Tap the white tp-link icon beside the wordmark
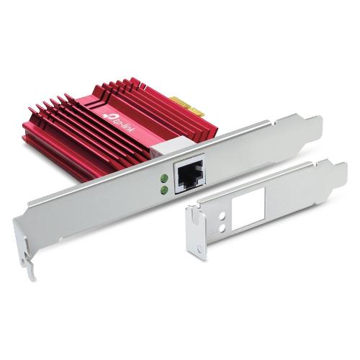click(x=109, y=116)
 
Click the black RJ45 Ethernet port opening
click(x=190, y=174)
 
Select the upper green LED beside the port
click(x=164, y=178)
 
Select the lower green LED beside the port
click(x=164, y=189)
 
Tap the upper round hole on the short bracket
click(x=222, y=215)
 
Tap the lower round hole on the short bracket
click(x=222, y=228)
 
